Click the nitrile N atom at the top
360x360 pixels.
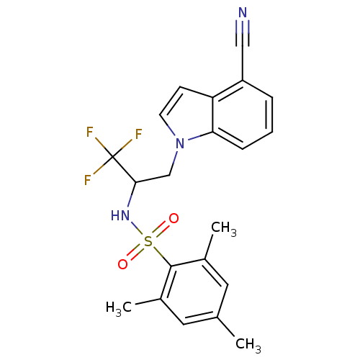click(x=243, y=13)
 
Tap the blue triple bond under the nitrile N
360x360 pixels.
click(x=243, y=27)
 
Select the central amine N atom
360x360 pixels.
click(x=180, y=143)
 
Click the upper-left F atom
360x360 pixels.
click(x=90, y=132)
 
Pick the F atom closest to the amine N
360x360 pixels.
click(x=138, y=135)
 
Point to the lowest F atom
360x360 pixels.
click(x=87, y=181)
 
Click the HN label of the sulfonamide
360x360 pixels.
click(x=120, y=215)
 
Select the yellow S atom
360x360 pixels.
click(x=148, y=241)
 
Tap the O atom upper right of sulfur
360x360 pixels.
click(x=174, y=219)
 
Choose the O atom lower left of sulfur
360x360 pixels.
click(x=123, y=264)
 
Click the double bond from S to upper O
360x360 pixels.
click(x=161, y=230)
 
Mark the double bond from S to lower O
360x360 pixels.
click(x=135, y=253)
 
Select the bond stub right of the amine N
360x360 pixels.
click(x=194, y=137)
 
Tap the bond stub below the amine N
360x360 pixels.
click(x=176, y=156)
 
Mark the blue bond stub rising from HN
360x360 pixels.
click(x=128, y=202)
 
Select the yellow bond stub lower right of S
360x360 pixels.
click(x=158, y=251)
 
